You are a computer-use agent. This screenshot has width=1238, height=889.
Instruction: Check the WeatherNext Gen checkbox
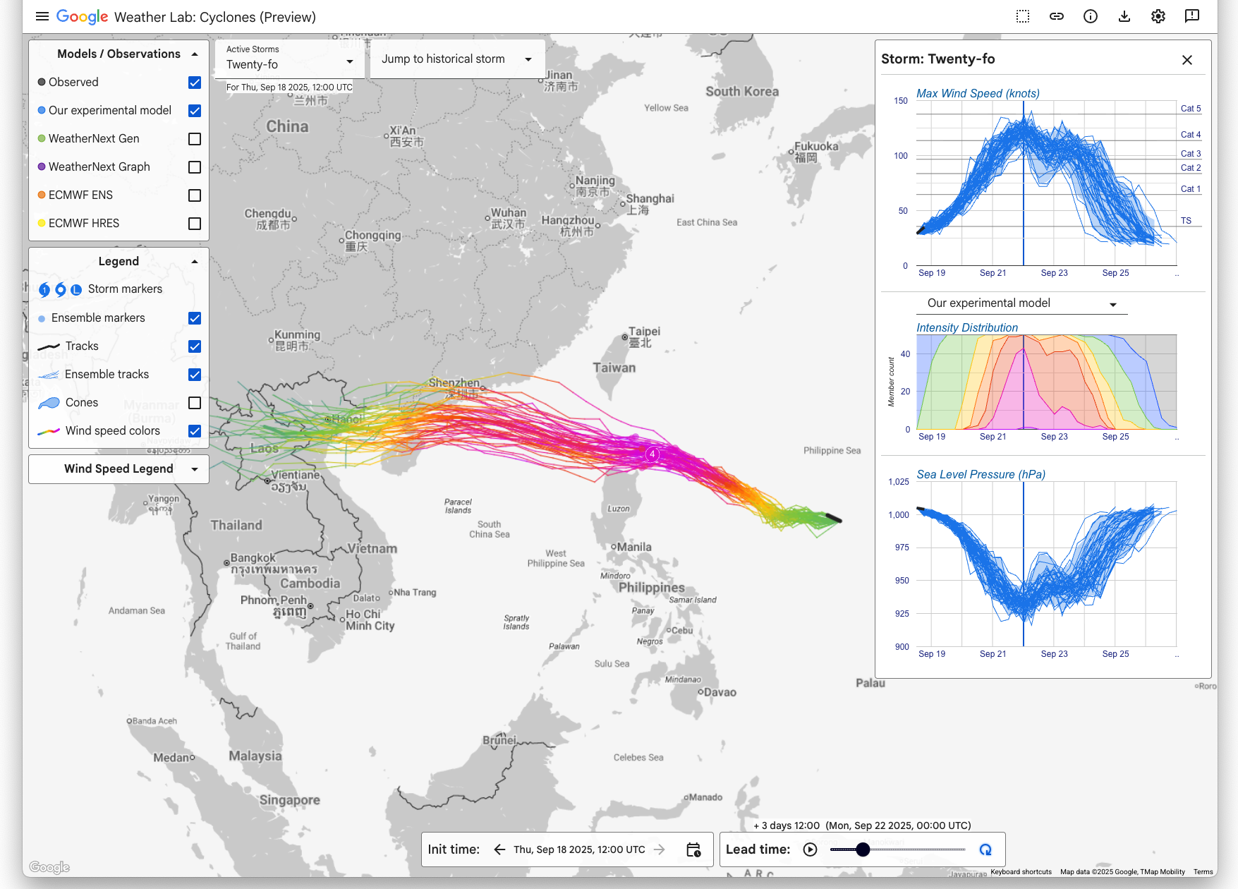point(195,139)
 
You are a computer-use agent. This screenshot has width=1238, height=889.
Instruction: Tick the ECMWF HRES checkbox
point(195,224)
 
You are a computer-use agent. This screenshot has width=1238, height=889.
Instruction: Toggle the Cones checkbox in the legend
point(195,403)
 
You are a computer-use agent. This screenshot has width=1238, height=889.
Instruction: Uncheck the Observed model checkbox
point(195,83)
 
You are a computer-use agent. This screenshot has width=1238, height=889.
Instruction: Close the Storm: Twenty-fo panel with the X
point(1187,60)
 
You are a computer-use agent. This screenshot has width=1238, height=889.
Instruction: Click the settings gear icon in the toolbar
point(1158,16)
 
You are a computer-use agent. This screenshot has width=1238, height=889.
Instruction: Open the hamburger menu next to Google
point(42,16)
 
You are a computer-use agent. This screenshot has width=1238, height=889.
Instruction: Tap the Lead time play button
point(810,849)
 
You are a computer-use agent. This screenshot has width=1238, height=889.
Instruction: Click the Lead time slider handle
point(863,849)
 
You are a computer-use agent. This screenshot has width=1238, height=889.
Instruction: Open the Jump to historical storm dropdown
point(456,59)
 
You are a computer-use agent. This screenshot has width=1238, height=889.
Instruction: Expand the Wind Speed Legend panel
point(119,469)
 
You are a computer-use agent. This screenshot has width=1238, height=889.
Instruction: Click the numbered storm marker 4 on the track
point(653,454)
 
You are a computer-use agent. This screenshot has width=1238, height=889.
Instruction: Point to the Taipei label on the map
point(644,332)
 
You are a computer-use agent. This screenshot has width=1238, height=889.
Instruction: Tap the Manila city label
point(635,548)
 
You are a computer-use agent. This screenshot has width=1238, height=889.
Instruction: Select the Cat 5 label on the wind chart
point(1191,109)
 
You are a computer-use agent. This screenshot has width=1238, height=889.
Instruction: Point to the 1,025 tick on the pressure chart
point(898,482)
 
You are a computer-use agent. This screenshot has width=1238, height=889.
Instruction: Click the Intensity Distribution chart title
point(966,327)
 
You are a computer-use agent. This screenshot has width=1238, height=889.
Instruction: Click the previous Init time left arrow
point(499,849)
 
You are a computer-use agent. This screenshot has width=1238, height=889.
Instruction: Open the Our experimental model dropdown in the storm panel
point(1022,303)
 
